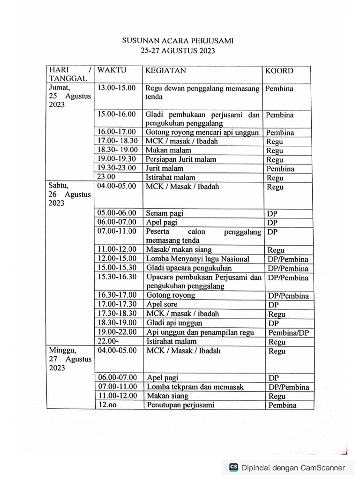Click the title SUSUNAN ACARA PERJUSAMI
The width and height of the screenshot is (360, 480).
(178, 41)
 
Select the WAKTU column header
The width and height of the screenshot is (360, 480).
(112, 71)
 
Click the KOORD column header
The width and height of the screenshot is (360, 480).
(279, 71)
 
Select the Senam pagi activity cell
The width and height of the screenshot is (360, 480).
(164, 213)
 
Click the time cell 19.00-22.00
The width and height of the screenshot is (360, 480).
(117, 332)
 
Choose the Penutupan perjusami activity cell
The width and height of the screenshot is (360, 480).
(180, 405)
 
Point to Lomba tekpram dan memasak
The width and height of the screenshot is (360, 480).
(195, 387)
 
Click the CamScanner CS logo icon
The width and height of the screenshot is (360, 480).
(233, 467)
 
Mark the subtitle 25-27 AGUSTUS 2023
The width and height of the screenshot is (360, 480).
(178, 51)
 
